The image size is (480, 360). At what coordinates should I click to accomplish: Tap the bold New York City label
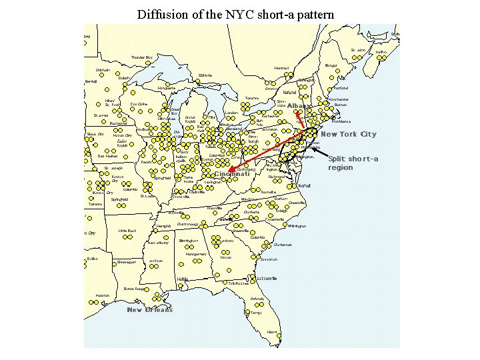click(x=349, y=134)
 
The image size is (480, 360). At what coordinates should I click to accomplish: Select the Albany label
click(x=300, y=106)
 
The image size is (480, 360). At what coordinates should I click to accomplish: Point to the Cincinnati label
click(x=231, y=175)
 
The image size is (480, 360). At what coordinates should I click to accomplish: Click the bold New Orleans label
click(x=149, y=309)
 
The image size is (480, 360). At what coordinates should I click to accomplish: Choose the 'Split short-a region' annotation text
click(x=353, y=163)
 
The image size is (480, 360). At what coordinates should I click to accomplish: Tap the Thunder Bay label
click(x=142, y=57)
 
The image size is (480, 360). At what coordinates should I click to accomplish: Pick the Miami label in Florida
click(x=271, y=331)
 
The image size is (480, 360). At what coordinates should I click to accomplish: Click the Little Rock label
click(x=127, y=231)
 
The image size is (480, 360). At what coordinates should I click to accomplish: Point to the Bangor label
click(x=331, y=65)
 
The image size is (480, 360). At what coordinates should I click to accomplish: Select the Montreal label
click(x=281, y=68)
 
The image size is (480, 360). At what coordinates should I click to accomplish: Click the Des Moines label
click(x=108, y=156)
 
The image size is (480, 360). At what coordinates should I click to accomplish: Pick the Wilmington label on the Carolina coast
click(x=297, y=226)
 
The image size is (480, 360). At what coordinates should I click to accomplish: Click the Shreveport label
click(x=127, y=262)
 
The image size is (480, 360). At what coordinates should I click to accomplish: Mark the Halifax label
click(x=381, y=52)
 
